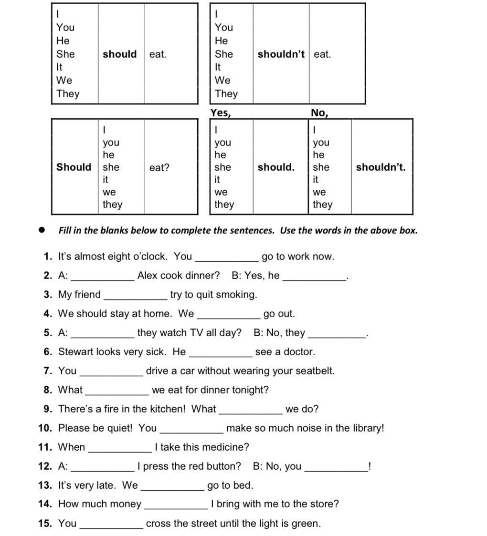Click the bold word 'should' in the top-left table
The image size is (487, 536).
click(x=119, y=54)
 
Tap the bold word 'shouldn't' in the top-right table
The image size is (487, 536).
click(x=281, y=54)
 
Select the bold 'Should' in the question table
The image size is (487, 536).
click(x=74, y=167)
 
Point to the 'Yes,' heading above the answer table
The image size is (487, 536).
click(x=221, y=113)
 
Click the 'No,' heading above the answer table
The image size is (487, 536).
click(x=319, y=113)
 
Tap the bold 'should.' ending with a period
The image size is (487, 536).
click(x=276, y=167)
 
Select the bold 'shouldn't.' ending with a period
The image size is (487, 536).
click(x=381, y=167)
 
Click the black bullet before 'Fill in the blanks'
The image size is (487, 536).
click(x=42, y=230)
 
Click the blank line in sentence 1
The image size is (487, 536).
click(x=227, y=259)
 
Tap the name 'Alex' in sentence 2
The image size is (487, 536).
click(x=148, y=276)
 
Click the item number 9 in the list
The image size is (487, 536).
click(x=48, y=409)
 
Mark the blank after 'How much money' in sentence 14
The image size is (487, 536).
click(x=176, y=507)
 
